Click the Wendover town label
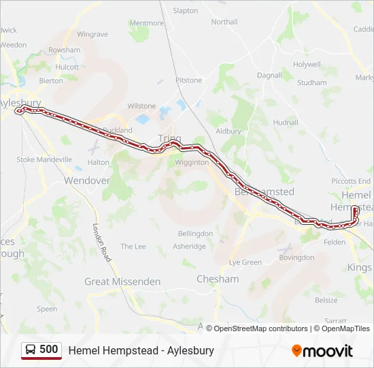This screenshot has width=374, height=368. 86,181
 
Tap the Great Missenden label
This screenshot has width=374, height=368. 122,281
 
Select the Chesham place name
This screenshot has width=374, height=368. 218,279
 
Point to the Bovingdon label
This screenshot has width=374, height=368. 297,258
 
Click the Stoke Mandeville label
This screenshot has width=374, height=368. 44,159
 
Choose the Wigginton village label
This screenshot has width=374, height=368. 191,163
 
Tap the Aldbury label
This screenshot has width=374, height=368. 228,131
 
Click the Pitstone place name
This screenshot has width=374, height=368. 189,80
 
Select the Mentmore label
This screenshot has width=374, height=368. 146,23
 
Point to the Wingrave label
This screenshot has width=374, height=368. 92,34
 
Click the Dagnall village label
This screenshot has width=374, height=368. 269,76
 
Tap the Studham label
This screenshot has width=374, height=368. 312,82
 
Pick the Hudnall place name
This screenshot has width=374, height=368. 286,123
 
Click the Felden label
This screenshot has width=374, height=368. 335,242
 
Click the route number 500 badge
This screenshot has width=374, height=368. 41,350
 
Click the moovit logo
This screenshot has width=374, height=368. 322,351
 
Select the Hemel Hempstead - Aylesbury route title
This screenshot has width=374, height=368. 141,350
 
